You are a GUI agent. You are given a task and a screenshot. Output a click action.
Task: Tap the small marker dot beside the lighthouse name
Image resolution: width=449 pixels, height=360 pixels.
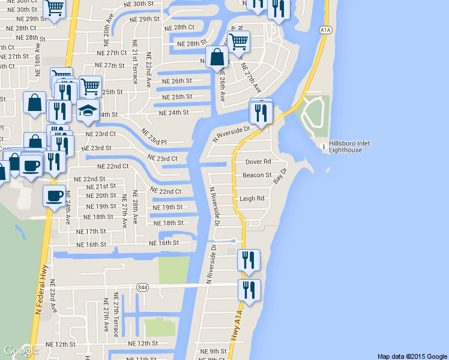(x=324, y=145)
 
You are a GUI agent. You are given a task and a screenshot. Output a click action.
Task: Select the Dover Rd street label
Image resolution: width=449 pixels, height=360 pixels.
(x=258, y=162)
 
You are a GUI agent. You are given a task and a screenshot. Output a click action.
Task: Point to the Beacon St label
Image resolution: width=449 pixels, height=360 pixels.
(x=257, y=175)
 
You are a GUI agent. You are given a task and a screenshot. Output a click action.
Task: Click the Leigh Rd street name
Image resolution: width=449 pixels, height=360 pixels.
(x=252, y=199)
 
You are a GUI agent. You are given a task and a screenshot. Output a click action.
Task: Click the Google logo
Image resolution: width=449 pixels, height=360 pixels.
(x=21, y=350)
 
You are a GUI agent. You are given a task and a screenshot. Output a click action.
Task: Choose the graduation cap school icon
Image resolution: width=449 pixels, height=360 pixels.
(x=88, y=109)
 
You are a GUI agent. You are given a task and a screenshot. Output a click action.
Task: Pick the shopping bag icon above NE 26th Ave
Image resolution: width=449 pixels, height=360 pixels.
(x=217, y=58)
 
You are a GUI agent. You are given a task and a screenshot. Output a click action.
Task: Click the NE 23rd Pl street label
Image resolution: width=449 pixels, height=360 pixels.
(x=153, y=136)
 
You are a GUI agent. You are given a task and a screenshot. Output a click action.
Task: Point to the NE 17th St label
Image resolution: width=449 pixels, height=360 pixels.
(x=91, y=231)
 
